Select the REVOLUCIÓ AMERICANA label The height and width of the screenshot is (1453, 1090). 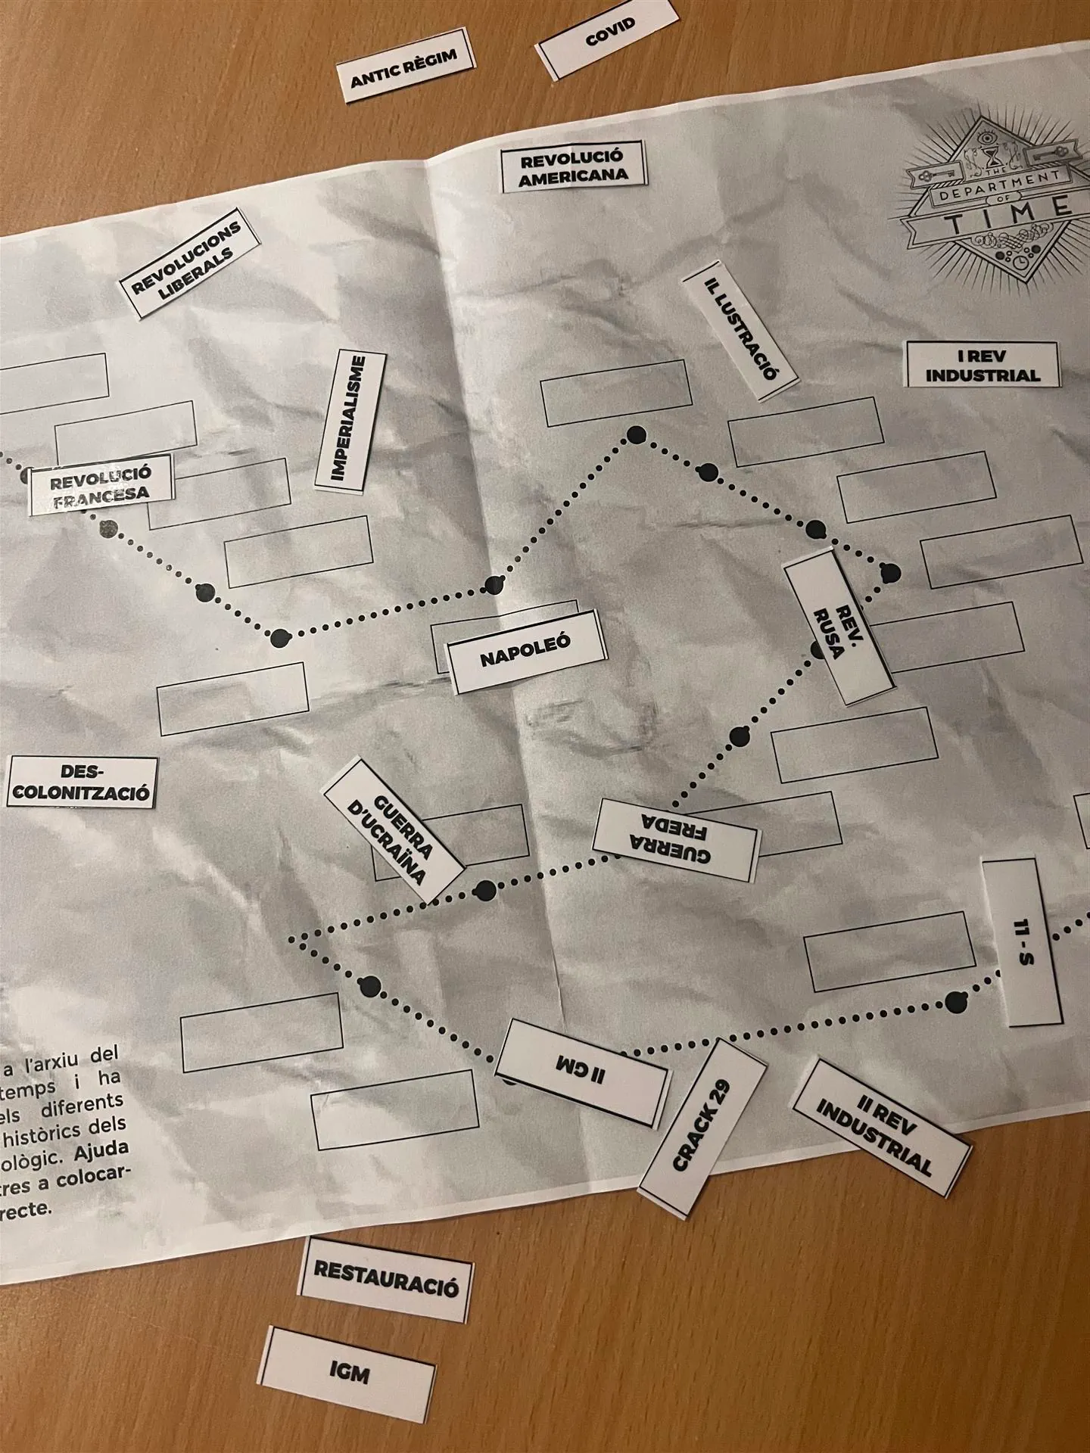pos(574,166)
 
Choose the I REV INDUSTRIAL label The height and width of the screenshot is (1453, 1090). pos(983,365)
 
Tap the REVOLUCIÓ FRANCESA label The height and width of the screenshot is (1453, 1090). pos(101,484)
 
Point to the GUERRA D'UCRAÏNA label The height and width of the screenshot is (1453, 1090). pos(394,830)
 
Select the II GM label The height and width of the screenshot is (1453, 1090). pos(582,1072)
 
